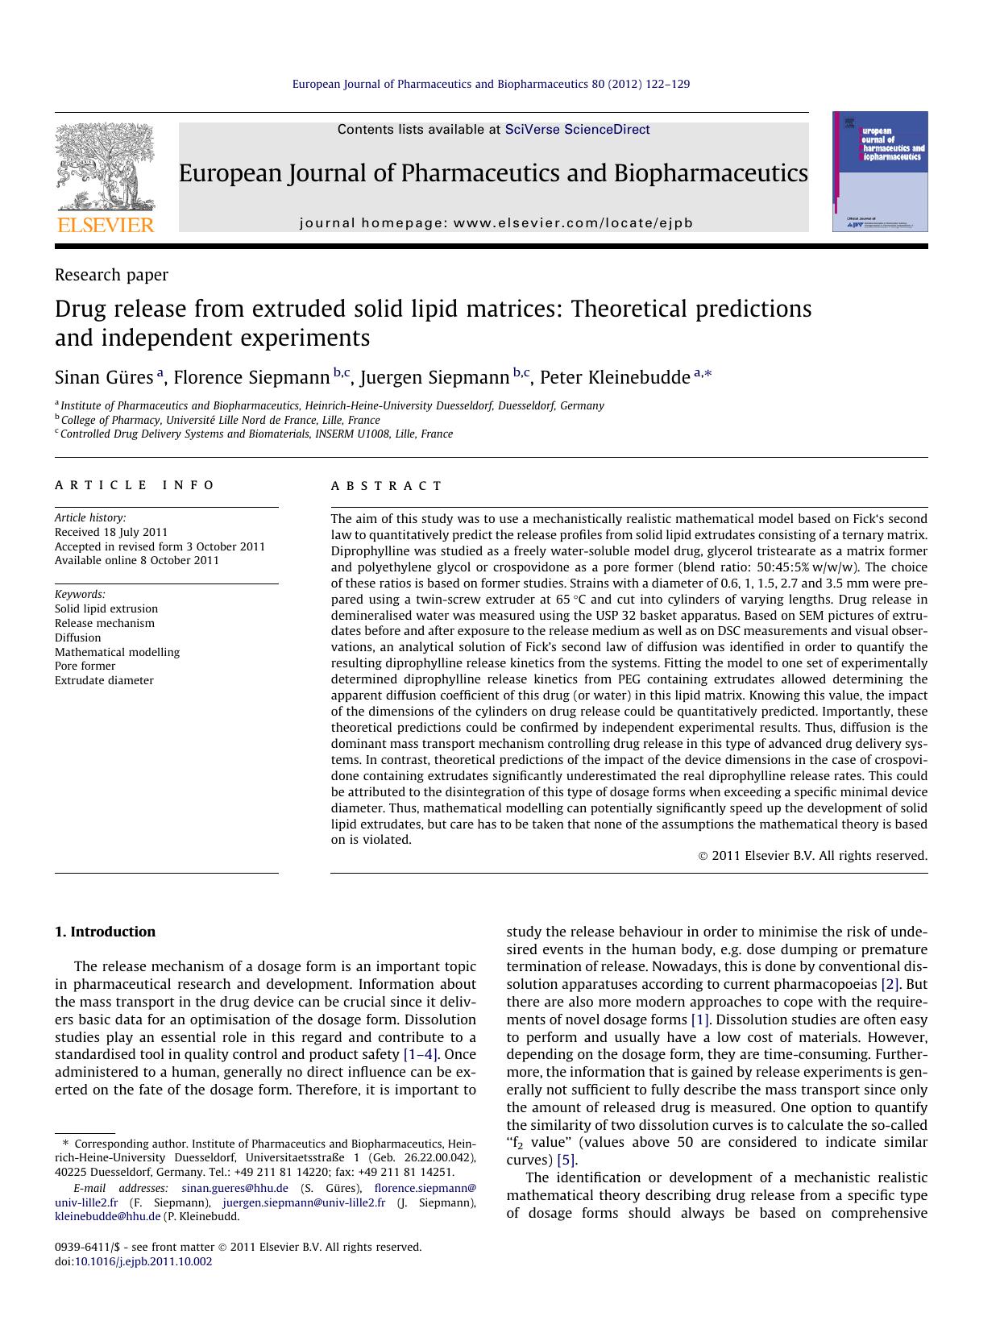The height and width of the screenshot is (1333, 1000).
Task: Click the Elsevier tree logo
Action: tap(105, 176)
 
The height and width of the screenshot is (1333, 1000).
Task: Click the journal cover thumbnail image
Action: tap(880, 172)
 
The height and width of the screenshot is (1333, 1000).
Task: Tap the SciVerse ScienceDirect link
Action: tap(577, 130)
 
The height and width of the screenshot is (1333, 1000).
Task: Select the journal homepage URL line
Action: tap(496, 223)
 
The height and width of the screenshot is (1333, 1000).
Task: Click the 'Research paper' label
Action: tap(111, 275)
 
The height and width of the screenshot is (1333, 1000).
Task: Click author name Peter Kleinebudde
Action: tap(615, 378)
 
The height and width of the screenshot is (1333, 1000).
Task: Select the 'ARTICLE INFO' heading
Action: tap(135, 485)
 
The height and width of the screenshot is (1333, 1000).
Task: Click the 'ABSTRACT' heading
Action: tap(387, 486)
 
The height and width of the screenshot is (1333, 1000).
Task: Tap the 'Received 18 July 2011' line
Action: tap(111, 532)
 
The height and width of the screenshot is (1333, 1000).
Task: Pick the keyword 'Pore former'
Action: tap(85, 666)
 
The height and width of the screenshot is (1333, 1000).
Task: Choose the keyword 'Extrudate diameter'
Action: tap(104, 680)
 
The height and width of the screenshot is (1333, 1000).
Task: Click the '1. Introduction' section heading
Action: tap(105, 932)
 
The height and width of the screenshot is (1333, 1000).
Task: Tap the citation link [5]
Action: tap(566, 1160)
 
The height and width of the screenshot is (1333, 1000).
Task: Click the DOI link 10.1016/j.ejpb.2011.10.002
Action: tap(143, 1261)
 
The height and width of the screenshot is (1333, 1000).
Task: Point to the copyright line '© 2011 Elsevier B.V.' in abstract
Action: tap(812, 856)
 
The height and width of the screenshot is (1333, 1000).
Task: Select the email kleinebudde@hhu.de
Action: tap(108, 1216)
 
